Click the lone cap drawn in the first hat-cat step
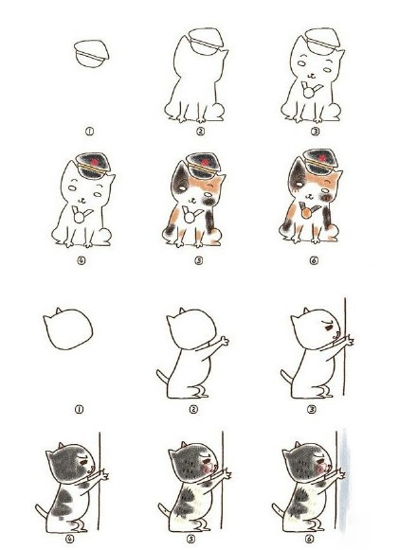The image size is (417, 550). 91,54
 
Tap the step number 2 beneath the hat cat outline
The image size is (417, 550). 200,132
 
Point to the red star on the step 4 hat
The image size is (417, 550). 94,162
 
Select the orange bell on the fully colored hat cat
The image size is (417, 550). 307,213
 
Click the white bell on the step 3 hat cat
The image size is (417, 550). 309,93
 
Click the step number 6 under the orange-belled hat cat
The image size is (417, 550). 314,260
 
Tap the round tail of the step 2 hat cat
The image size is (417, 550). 219,110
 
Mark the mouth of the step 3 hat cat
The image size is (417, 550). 311,76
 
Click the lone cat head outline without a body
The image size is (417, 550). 68,329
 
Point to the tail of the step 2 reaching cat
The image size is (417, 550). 162,377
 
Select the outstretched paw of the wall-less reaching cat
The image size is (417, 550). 224,341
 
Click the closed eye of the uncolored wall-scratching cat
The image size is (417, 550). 329,328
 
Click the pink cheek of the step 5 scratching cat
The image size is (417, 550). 207,468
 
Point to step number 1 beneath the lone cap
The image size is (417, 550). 90,132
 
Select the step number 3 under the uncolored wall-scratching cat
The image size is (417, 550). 312,409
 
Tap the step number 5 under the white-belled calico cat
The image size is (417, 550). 199,260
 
